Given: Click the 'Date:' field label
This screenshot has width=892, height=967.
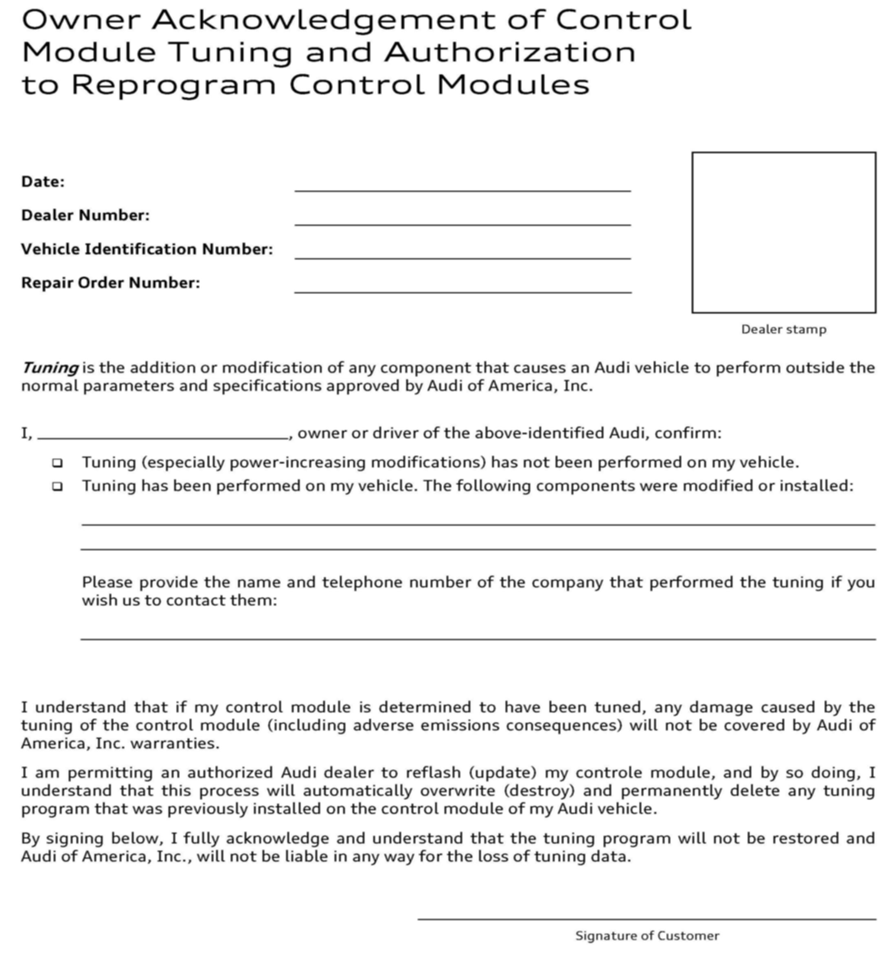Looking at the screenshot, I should click(42, 182).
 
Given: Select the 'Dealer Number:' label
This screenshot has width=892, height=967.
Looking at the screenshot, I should click(85, 216).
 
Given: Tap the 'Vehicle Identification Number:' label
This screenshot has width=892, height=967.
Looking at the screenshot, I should click(147, 249).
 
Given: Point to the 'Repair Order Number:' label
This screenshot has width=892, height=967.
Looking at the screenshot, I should click(111, 283).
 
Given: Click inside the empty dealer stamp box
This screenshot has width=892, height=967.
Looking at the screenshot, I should click(783, 232).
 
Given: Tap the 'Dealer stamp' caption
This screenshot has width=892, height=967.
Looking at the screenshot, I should click(783, 330).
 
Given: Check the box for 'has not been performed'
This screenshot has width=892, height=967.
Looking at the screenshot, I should click(57, 463).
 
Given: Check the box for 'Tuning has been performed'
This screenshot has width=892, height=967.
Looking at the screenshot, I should click(57, 486).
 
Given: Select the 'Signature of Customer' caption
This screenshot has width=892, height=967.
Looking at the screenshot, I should click(647, 936).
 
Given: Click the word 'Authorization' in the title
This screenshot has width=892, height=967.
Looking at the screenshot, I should click(510, 52).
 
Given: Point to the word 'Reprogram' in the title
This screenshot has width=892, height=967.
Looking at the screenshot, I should click(174, 85).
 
